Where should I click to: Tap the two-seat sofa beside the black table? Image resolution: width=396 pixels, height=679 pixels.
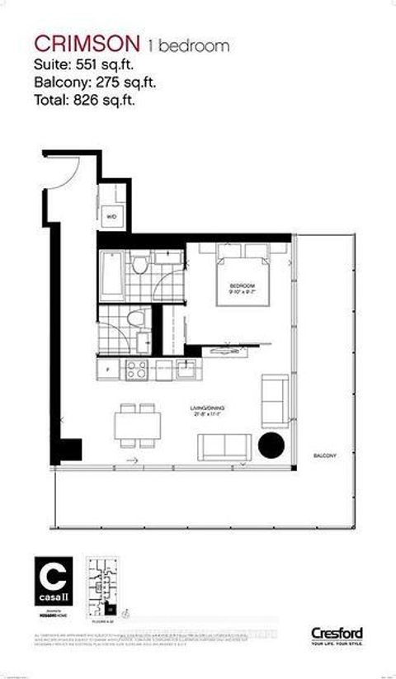(x=224, y=446)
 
